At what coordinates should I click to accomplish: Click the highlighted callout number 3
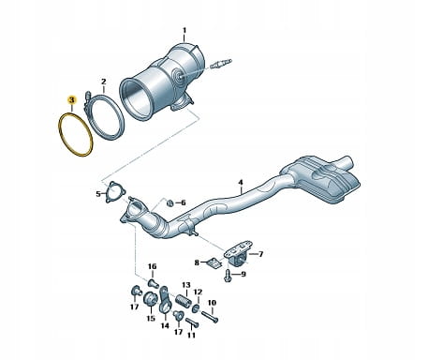(72, 100)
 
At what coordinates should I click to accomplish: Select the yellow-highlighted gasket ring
(60, 131)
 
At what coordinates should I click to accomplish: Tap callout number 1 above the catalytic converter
(184, 30)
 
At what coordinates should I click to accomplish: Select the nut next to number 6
(170, 203)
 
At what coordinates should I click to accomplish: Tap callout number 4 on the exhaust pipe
(241, 182)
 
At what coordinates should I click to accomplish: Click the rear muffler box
(321, 180)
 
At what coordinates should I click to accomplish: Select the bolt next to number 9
(228, 276)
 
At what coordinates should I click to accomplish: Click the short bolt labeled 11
(192, 322)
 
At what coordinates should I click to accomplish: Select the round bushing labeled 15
(150, 300)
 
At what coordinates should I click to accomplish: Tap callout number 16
(152, 266)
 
